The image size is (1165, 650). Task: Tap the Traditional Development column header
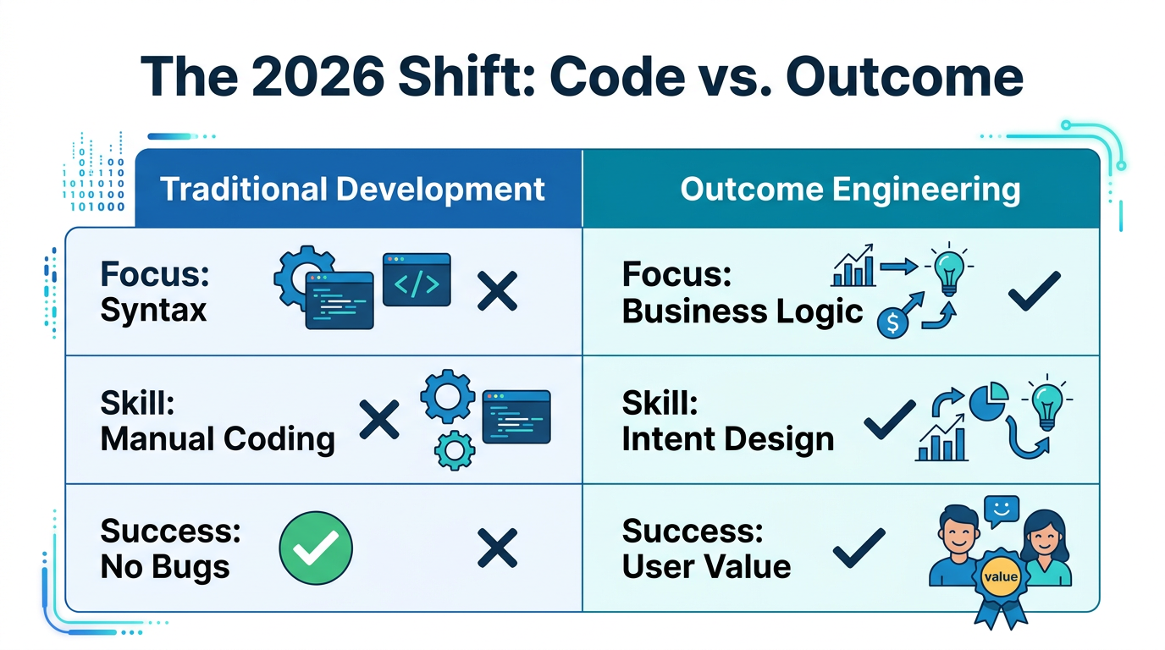pyautogui.click(x=352, y=189)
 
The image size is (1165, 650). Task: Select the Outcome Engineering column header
pyautogui.click(x=850, y=189)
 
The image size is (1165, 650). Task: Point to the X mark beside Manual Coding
pyautogui.click(x=379, y=420)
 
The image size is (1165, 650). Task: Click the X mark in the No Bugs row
pyautogui.click(x=497, y=548)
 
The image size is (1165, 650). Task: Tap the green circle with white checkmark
pyautogui.click(x=316, y=548)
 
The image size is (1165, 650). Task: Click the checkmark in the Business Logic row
pyautogui.click(x=1034, y=291)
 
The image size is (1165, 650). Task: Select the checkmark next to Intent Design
pyautogui.click(x=888, y=419)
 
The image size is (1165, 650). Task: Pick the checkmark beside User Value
pyautogui.click(x=859, y=548)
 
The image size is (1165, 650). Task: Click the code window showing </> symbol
pyautogui.click(x=417, y=279)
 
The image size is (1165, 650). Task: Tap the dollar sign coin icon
pyautogui.click(x=892, y=323)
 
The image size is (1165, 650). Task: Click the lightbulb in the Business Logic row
pyautogui.click(x=947, y=269)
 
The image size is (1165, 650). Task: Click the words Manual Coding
pyautogui.click(x=218, y=438)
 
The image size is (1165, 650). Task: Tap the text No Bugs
pyautogui.click(x=165, y=566)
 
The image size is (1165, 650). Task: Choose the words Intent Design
pyautogui.click(x=727, y=439)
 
